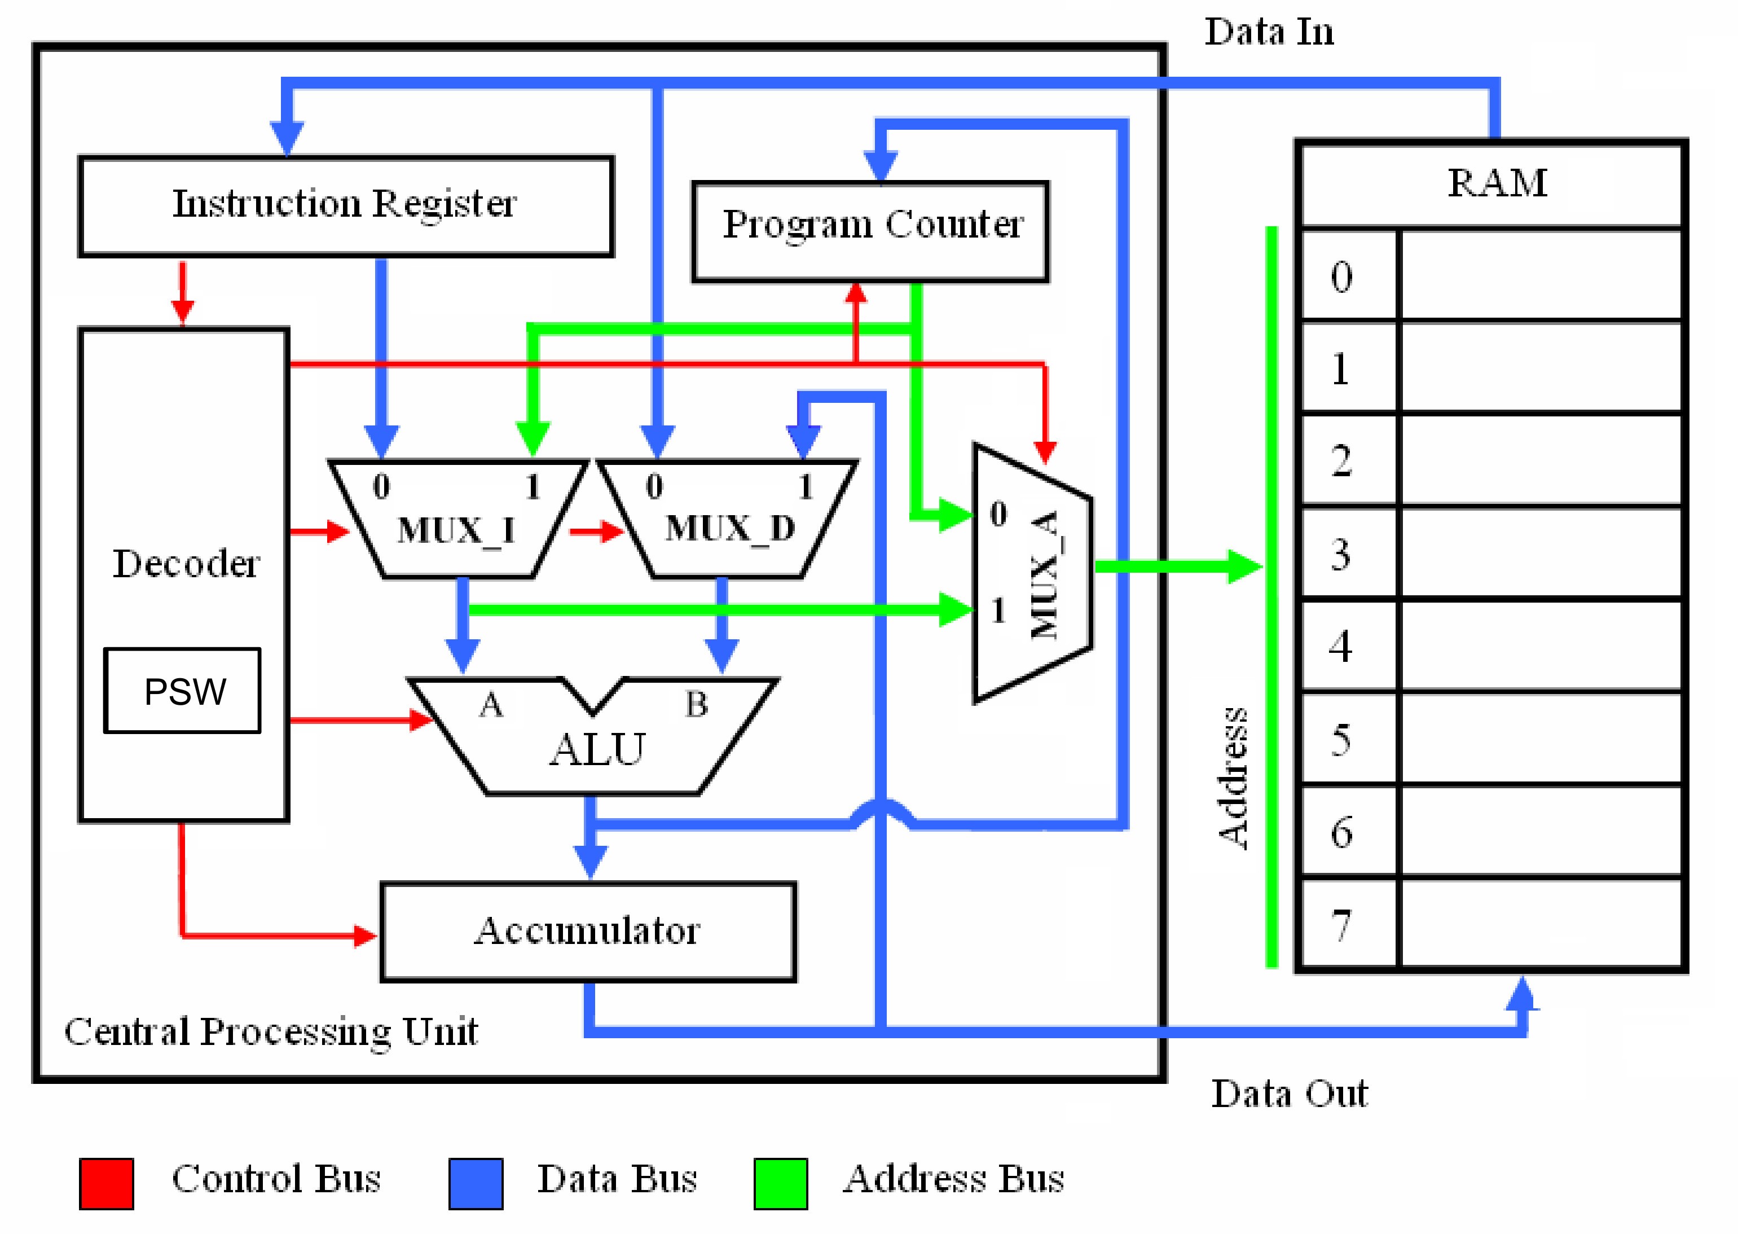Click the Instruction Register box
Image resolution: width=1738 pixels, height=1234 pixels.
[x=346, y=207]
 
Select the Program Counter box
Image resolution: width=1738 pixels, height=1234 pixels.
[x=870, y=232]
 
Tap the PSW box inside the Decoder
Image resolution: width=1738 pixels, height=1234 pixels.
[x=182, y=691]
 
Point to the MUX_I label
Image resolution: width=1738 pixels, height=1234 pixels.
[x=456, y=530]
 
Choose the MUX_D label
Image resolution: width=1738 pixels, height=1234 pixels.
[x=730, y=528]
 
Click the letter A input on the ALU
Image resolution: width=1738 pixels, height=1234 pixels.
[x=491, y=705]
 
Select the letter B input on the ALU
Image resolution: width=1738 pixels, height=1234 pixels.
[x=697, y=704]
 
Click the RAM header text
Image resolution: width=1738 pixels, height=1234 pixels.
[x=1497, y=183]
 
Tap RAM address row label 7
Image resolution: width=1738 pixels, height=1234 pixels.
[x=1341, y=925]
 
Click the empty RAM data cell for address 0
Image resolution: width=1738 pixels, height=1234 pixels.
[x=1541, y=275]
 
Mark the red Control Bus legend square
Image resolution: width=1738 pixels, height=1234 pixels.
[x=107, y=1183]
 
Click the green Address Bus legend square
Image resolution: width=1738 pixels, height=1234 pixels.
[x=781, y=1183]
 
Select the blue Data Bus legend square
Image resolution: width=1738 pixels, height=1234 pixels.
[x=476, y=1183]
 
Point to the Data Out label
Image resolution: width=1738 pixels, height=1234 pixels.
[x=1289, y=1094]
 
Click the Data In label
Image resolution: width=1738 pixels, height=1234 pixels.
[x=1269, y=32]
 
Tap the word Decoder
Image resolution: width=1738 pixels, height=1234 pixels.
[x=186, y=563]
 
